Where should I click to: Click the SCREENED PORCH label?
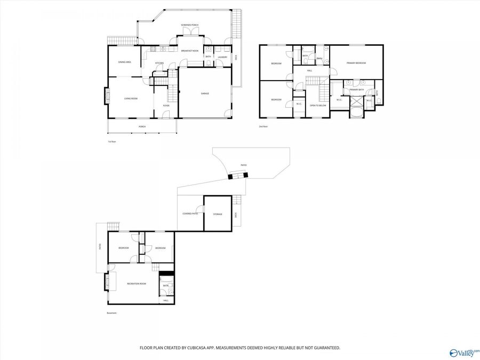pyautogui.click(x=189, y=25)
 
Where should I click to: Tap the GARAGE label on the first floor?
pyautogui.click(x=205, y=93)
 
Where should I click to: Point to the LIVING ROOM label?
pyautogui.click(x=131, y=99)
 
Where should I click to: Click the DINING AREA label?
pyautogui.click(x=125, y=62)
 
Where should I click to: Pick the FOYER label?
pyautogui.click(x=166, y=106)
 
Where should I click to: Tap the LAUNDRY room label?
pyautogui.click(x=222, y=57)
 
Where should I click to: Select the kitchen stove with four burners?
pyautogui.click(x=153, y=50)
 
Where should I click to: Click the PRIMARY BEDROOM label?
pyautogui.click(x=356, y=63)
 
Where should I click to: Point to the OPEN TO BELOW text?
pyautogui.click(x=318, y=106)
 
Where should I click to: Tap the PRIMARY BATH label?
pyautogui.click(x=357, y=90)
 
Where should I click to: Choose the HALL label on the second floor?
pyautogui.click(x=309, y=70)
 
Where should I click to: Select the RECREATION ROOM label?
pyautogui.click(x=136, y=283)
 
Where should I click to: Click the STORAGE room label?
pyautogui.click(x=218, y=214)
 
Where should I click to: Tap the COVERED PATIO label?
pyautogui.click(x=190, y=214)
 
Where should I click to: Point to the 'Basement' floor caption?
pyautogui.click(x=111, y=313)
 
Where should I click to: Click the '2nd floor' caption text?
pyautogui.click(x=263, y=126)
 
